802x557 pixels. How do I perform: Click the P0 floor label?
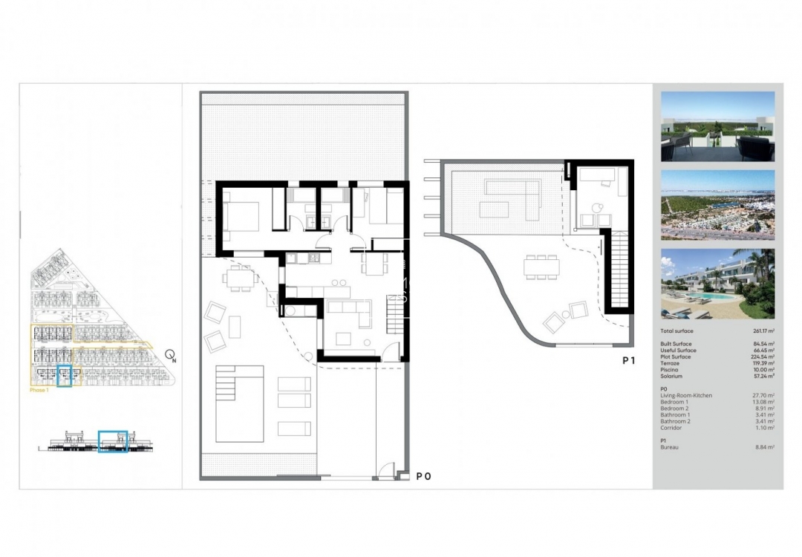tap(423, 476)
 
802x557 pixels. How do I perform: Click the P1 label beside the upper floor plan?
tap(628, 361)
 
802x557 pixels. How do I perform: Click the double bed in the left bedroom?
tap(241, 214)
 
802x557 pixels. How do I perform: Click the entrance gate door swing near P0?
tap(385, 470)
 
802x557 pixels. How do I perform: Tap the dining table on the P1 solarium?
tap(541, 266)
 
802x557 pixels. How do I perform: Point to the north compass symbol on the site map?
tap(171, 355)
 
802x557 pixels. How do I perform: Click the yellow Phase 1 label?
tap(39, 390)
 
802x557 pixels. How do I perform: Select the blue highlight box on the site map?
tap(65, 377)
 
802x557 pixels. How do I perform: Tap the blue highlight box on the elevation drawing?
tap(113, 440)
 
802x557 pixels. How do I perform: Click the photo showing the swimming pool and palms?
tap(717, 283)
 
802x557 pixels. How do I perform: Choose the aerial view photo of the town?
tap(717, 205)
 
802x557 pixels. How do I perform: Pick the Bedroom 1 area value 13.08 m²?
tap(763, 402)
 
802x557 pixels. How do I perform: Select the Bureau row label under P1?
tap(670, 447)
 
